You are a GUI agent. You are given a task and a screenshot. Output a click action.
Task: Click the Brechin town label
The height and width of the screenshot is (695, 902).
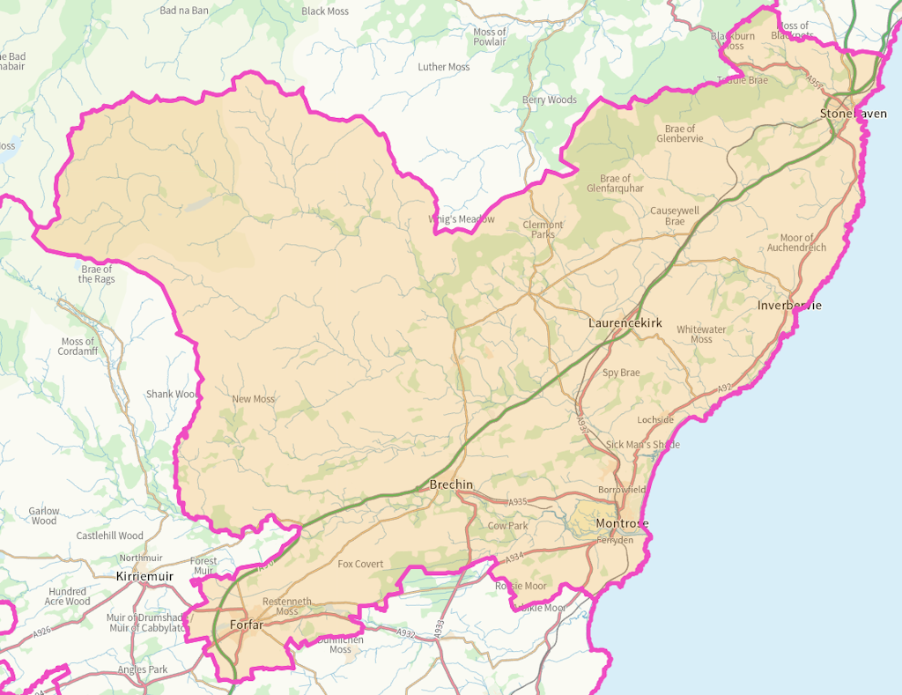(x=451, y=485)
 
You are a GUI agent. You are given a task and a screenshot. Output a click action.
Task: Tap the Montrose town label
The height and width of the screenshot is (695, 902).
(x=622, y=524)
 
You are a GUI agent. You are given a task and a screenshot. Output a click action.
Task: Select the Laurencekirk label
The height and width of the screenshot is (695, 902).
(x=625, y=323)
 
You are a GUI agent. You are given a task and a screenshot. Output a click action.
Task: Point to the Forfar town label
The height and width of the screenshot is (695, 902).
(x=246, y=625)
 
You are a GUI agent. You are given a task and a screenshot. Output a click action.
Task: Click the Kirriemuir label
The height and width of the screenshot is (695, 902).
(x=145, y=576)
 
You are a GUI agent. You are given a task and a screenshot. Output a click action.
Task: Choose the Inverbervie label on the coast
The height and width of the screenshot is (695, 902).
(x=789, y=306)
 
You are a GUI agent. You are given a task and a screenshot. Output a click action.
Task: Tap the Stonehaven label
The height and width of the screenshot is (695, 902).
(x=854, y=114)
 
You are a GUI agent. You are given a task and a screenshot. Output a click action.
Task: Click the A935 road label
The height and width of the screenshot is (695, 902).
(x=517, y=502)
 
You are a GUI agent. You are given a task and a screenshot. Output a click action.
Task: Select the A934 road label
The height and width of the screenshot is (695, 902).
(x=515, y=555)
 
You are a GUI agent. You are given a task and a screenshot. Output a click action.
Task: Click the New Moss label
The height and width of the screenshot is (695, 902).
(x=253, y=399)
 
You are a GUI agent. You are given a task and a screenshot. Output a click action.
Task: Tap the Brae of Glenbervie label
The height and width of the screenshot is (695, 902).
(x=680, y=134)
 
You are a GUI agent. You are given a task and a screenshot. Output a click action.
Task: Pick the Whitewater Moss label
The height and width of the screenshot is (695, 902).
(x=701, y=334)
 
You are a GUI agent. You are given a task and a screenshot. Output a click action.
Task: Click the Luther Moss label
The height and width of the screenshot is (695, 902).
(x=444, y=67)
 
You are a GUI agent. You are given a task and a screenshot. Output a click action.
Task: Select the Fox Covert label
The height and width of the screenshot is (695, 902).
(x=360, y=564)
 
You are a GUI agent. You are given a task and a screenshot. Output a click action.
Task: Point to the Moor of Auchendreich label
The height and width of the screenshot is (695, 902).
(x=803, y=243)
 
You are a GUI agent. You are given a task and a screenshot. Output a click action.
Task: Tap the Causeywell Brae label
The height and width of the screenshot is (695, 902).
(x=675, y=216)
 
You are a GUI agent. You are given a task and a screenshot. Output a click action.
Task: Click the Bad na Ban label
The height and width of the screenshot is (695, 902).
(x=184, y=11)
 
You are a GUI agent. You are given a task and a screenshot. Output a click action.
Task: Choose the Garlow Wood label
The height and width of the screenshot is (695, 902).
(x=44, y=515)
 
